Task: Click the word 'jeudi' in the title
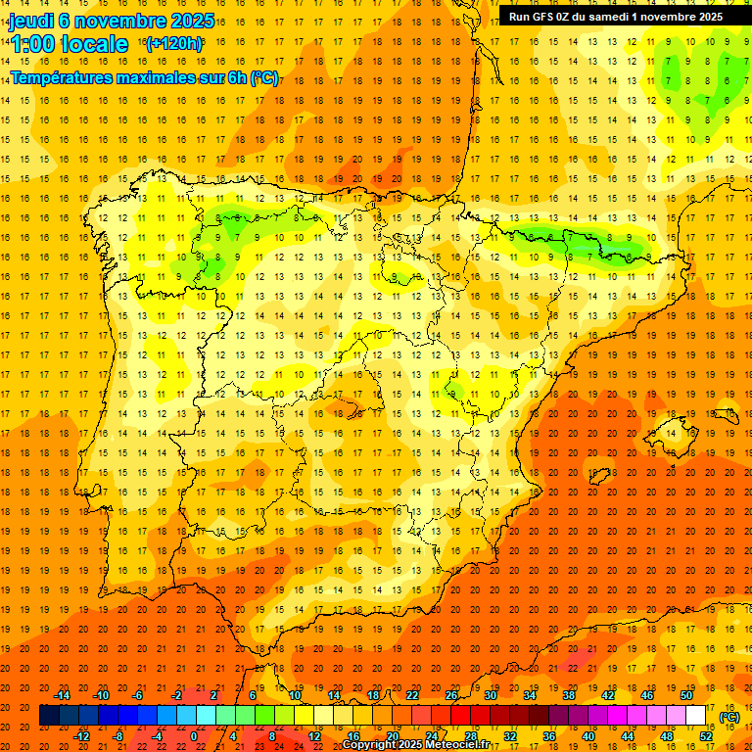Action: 32,21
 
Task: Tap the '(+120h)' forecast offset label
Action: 173,43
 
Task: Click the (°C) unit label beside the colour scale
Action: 729,717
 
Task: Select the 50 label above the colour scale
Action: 686,695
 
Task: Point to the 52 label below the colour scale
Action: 705,736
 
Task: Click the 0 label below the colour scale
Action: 194,736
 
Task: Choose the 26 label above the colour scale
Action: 451,695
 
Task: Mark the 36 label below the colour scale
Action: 548,736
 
